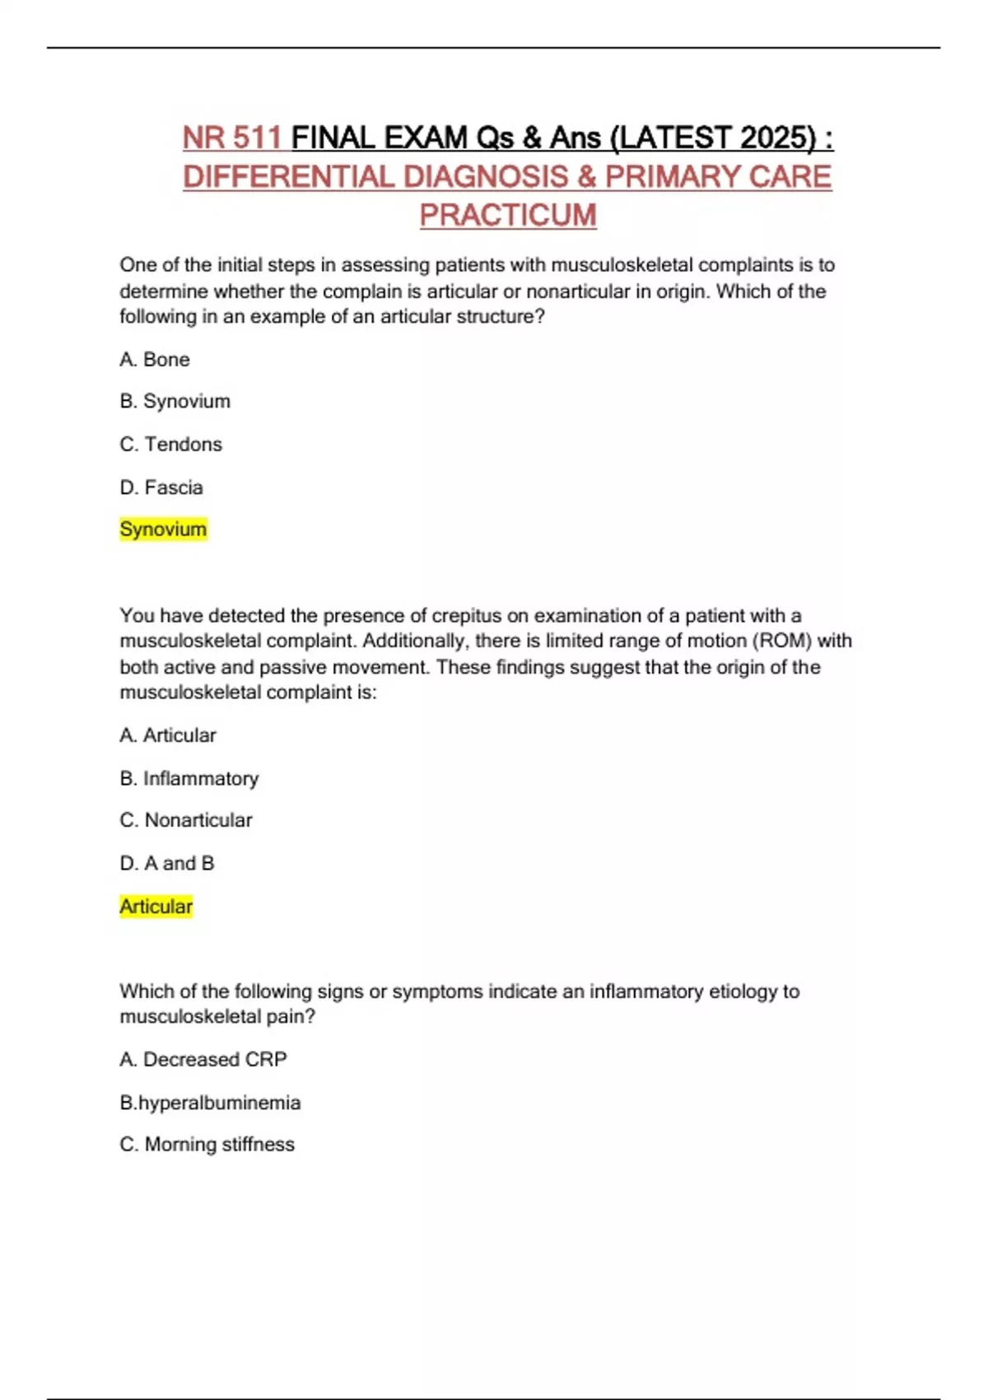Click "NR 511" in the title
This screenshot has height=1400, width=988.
pos(232,138)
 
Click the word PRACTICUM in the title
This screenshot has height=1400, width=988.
pos(508,215)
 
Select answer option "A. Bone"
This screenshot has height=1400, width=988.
pos(155,360)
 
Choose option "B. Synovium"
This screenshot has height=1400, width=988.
pos(175,402)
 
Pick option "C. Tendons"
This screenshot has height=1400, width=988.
pos(170,445)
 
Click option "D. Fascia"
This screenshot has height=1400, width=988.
pos(161,488)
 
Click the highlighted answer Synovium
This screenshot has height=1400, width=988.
pos(163,530)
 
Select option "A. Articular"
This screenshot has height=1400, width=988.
pos(168,735)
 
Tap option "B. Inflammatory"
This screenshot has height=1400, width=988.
pos(189,778)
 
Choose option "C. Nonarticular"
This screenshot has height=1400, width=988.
pos(186,820)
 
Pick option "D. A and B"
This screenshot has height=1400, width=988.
pos(167,863)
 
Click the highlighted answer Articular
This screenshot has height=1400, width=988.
pos(156,907)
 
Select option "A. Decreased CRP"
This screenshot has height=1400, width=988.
pos(203,1060)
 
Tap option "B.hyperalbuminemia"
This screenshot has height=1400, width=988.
pos(210,1103)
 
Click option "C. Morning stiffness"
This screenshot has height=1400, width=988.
pos(207,1145)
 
